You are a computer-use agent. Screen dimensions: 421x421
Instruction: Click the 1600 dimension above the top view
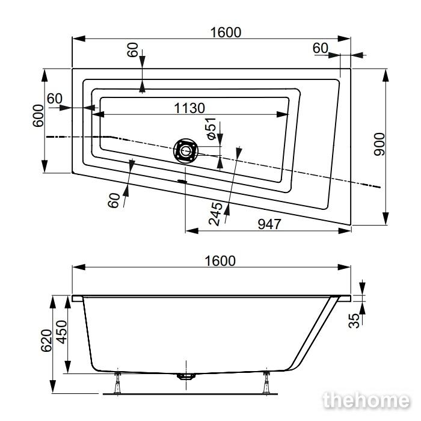click(x=226, y=32)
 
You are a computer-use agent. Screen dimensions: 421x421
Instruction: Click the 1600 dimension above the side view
click(x=220, y=261)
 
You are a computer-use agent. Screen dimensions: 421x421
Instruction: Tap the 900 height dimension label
click(x=380, y=144)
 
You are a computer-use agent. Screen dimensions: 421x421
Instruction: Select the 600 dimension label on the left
click(x=38, y=115)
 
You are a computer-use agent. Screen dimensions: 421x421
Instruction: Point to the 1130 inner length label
click(x=189, y=108)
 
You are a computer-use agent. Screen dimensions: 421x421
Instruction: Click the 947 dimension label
click(x=269, y=224)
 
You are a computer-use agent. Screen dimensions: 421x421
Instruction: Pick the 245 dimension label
click(x=215, y=214)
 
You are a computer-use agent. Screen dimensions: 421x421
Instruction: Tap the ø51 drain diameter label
click(x=211, y=128)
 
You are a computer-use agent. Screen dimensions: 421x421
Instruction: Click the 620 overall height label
click(x=46, y=340)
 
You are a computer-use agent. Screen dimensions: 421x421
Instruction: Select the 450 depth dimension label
click(x=62, y=332)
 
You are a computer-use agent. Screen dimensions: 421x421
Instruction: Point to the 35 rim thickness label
click(x=354, y=321)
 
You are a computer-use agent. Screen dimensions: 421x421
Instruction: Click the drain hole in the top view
click(x=185, y=150)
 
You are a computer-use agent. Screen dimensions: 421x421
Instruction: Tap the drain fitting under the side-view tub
click(x=186, y=376)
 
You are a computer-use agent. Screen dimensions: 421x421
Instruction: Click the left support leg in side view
click(x=117, y=383)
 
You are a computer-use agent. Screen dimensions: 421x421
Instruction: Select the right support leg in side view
click(x=266, y=383)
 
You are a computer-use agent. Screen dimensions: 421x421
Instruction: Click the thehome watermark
click(x=367, y=401)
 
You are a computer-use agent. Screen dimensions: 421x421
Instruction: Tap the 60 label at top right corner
click(x=321, y=48)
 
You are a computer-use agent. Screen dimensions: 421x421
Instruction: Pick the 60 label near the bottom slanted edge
click(x=114, y=200)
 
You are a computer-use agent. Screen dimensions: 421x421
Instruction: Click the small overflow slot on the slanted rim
click(x=182, y=181)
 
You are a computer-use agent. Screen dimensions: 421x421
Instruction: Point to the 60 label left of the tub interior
click(x=55, y=99)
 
